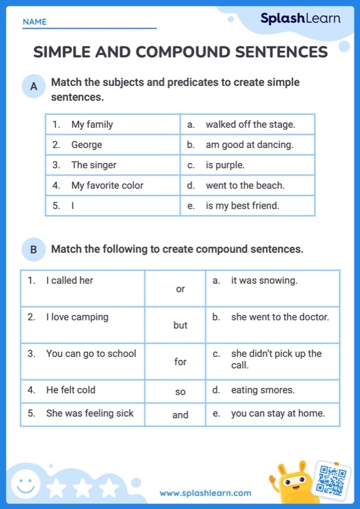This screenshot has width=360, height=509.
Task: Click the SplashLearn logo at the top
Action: (300, 19)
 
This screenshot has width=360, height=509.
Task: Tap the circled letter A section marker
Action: (33, 88)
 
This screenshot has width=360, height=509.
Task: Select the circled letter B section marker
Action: (33, 250)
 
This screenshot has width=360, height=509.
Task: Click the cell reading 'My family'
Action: (92, 124)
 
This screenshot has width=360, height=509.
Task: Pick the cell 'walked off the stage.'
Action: (250, 124)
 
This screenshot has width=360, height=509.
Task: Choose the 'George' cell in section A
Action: (87, 145)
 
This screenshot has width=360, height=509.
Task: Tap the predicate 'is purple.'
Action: (225, 165)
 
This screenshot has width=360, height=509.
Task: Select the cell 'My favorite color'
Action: (107, 186)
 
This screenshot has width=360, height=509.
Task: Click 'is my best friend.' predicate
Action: (242, 206)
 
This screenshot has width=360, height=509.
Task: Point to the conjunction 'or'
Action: (181, 289)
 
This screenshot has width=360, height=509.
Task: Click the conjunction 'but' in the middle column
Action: (181, 325)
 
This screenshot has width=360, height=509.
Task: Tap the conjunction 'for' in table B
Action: (181, 362)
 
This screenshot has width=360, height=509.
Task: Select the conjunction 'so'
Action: (181, 392)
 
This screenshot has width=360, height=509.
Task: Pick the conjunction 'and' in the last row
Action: (181, 414)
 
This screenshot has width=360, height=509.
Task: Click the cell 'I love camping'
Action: (77, 317)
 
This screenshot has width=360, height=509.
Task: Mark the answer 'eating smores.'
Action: (263, 390)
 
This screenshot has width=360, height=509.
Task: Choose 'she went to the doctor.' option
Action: (280, 317)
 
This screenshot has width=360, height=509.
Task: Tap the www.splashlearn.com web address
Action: (205, 493)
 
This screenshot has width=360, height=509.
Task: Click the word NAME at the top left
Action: (34, 22)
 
